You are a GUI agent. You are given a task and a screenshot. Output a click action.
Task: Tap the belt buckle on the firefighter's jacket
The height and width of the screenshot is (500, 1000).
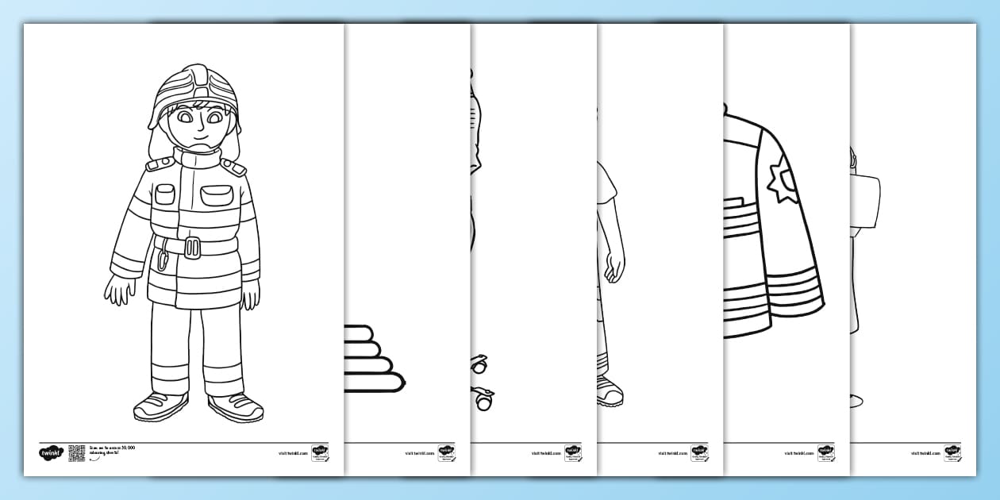[193, 248]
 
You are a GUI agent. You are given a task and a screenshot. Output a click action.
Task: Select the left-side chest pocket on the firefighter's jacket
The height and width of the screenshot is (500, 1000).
[164, 193]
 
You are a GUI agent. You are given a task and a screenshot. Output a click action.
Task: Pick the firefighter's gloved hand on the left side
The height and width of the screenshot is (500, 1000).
[117, 290]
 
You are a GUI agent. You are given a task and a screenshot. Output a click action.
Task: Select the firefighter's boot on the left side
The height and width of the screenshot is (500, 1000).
[160, 406]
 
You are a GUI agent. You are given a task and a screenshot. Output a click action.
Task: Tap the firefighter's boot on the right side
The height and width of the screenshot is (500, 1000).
[235, 406]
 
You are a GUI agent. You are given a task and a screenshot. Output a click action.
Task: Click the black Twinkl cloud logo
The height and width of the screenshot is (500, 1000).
[51, 453]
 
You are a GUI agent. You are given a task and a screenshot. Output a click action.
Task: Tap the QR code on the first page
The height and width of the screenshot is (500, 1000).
[76, 452]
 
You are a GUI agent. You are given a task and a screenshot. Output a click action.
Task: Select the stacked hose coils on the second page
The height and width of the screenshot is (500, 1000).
[371, 357]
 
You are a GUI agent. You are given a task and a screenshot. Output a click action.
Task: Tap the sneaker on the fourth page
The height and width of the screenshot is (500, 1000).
[610, 390]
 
